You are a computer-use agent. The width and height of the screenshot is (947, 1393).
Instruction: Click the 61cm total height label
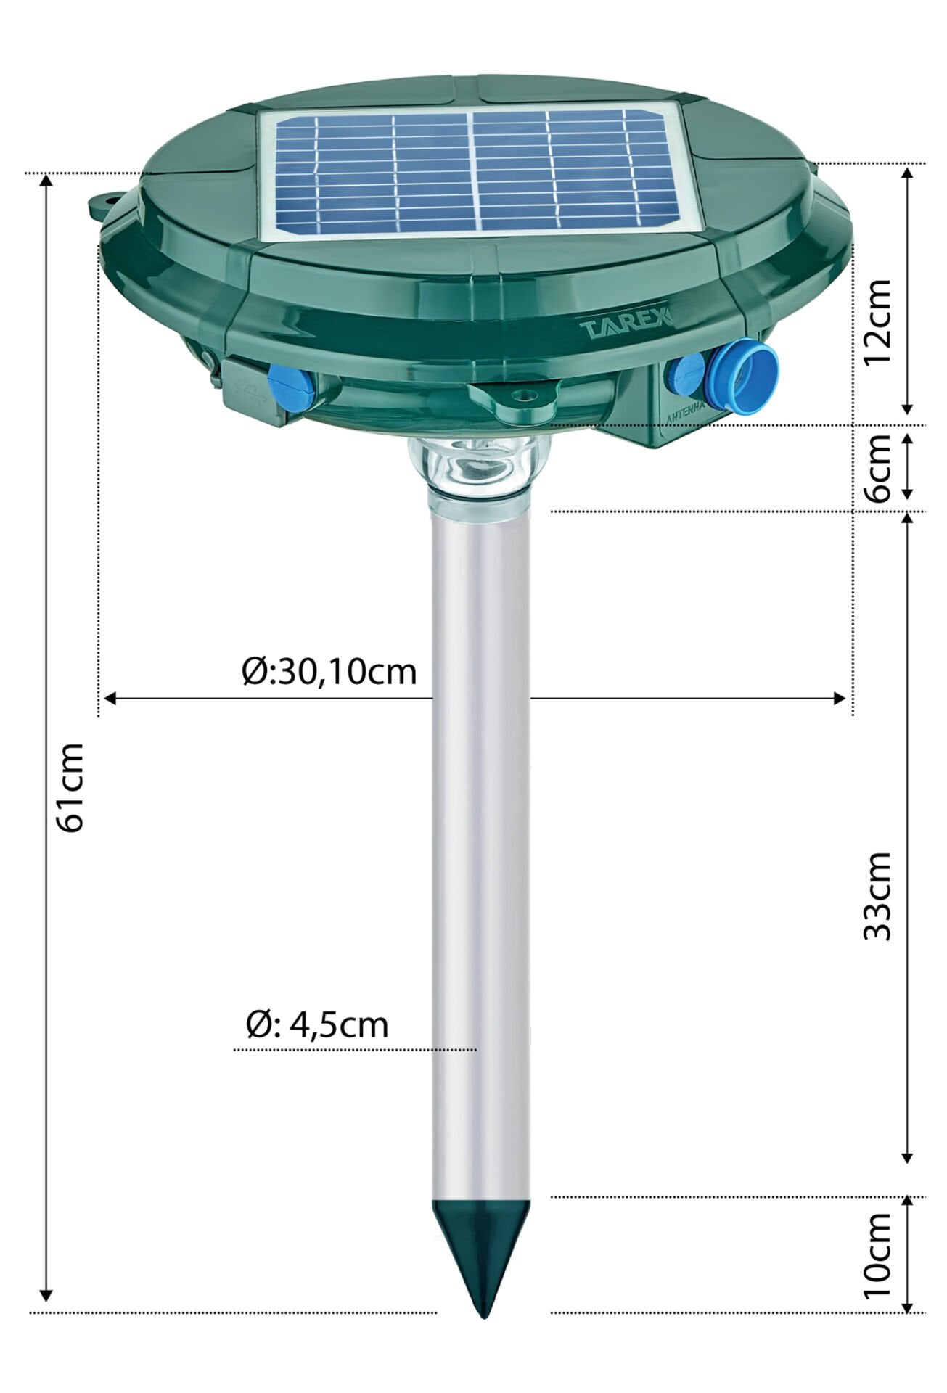pos(73,787)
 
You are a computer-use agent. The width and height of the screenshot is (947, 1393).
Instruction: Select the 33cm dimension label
pos(878,896)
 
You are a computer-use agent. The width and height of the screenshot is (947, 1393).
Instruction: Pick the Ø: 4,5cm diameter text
pos(317,1025)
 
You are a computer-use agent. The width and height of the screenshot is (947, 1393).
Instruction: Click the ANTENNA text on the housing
pos(685,416)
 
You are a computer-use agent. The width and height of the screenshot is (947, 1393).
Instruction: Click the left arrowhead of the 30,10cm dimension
pos(109,699)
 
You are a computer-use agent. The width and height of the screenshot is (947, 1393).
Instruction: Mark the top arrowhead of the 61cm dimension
pos(46,181)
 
